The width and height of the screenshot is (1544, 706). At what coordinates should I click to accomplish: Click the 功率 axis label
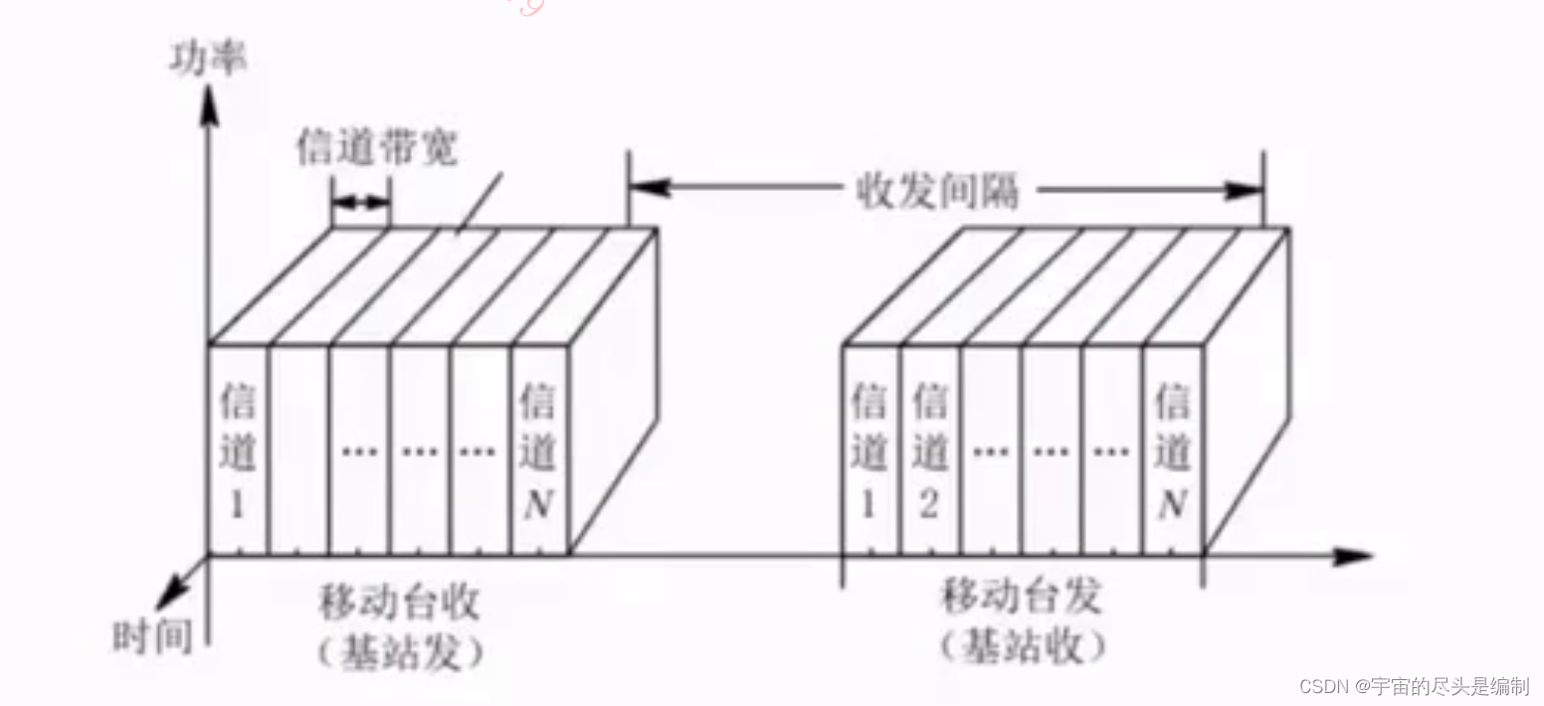pos(208,59)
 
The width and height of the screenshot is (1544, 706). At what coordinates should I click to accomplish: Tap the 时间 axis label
pos(151,635)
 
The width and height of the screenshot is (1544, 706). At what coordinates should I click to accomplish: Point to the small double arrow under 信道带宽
pos(360,202)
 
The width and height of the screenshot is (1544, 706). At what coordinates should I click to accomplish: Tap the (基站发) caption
pos(400,652)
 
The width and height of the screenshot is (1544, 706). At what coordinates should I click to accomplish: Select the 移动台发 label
pos(1022,598)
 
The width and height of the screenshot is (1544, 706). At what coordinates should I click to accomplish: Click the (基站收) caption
pos(1022,646)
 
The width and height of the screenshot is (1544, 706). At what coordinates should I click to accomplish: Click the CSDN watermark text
pos(1414,685)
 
